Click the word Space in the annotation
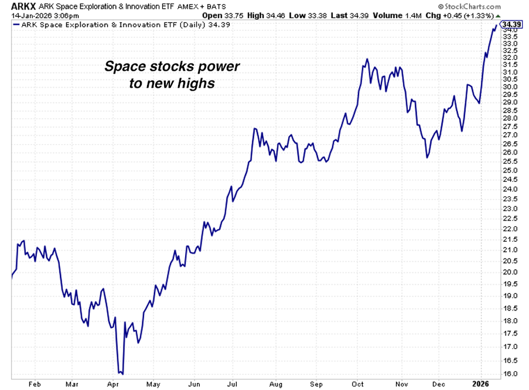pyautogui.click(x=122, y=66)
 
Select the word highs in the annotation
pyautogui.click(x=198, y=84)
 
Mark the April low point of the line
pyautogui.click(x=121, y=373)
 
